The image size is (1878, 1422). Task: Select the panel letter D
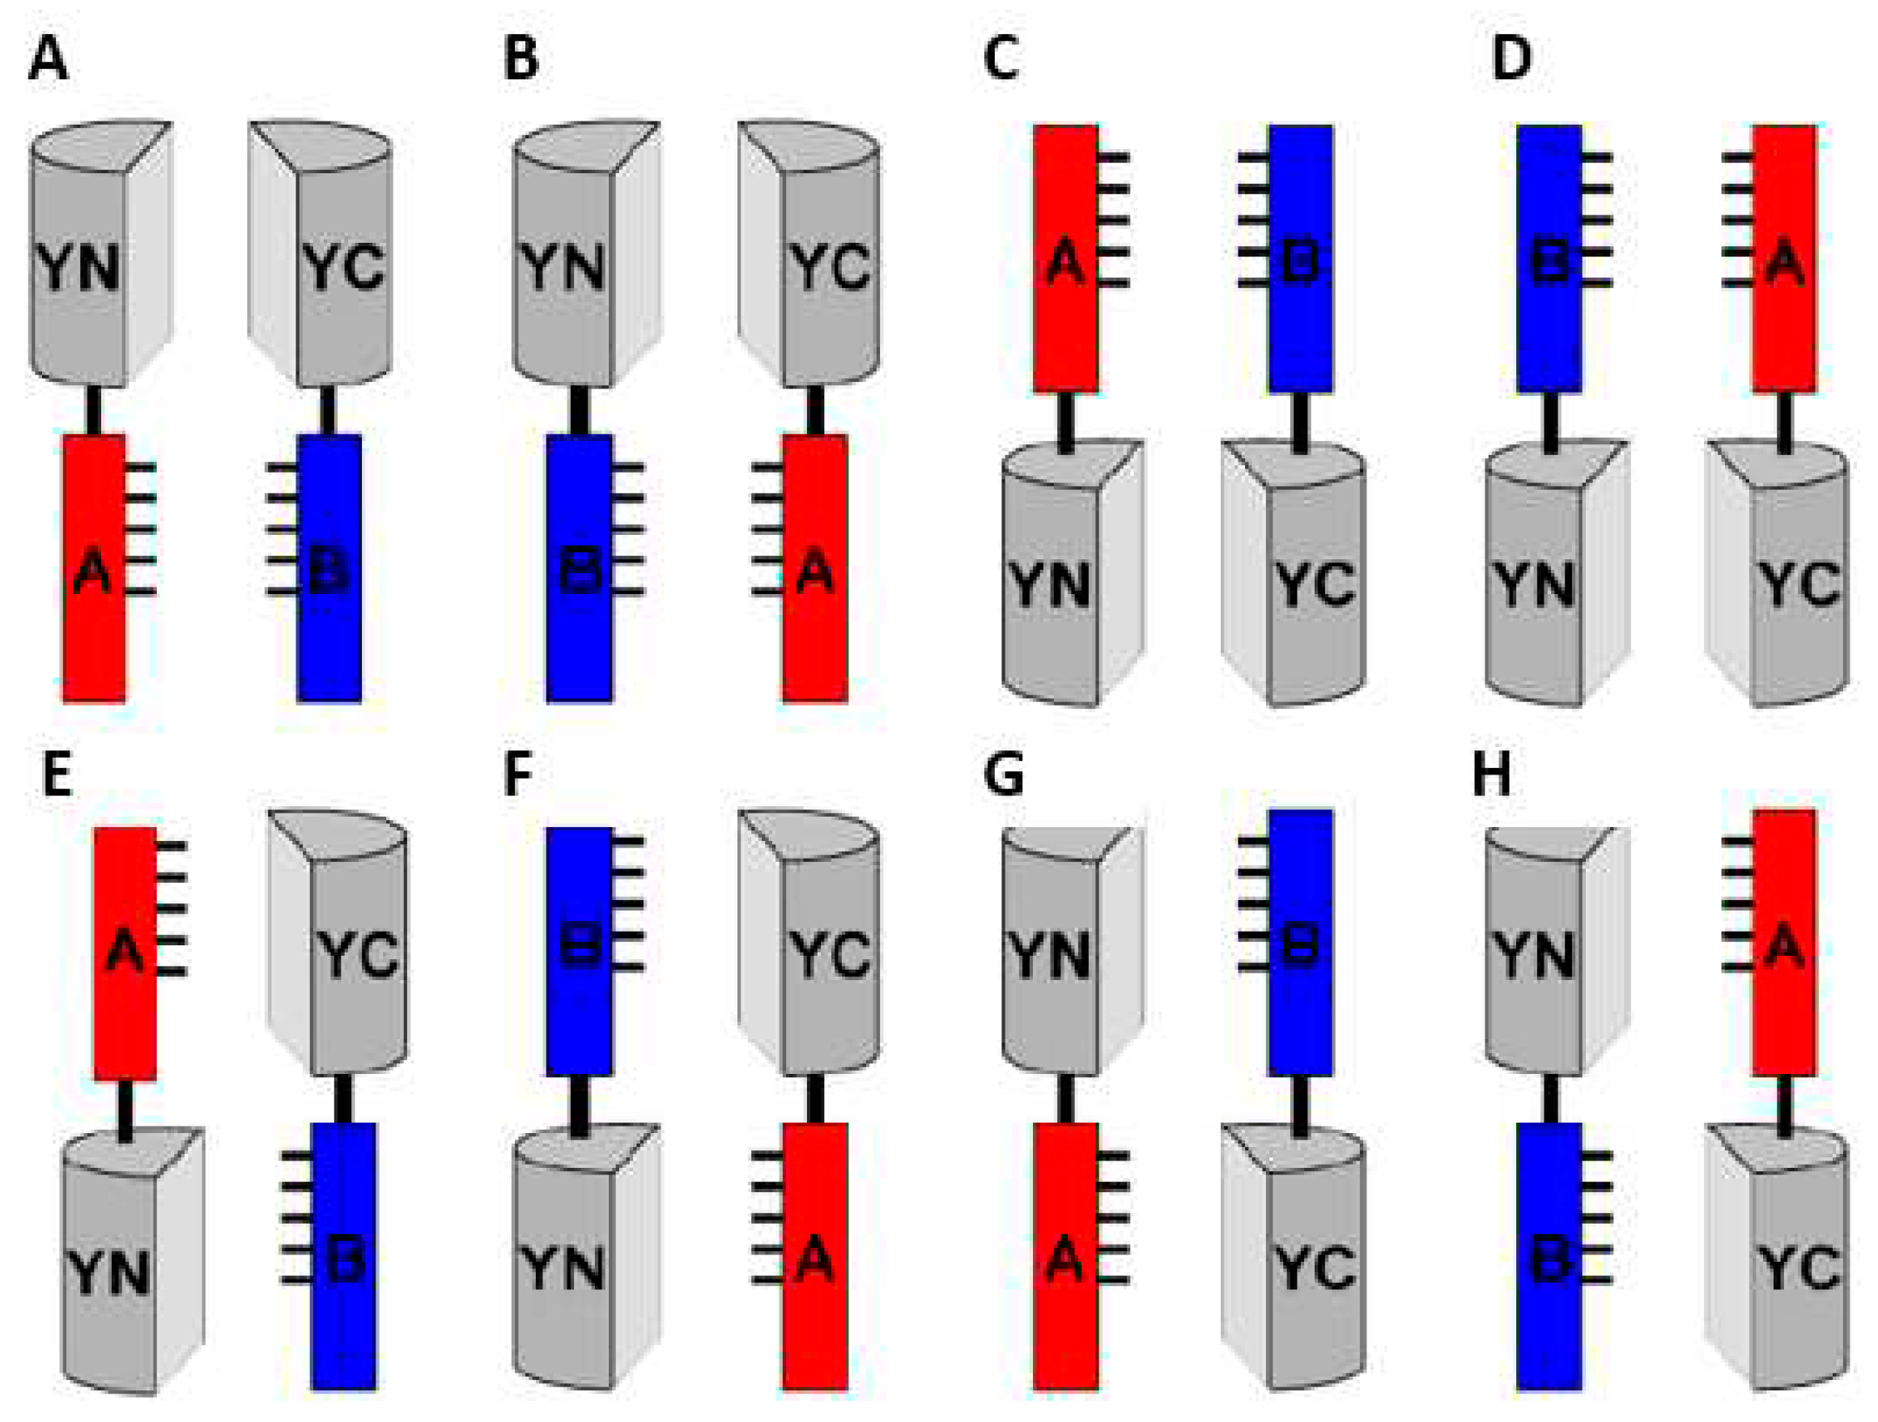pos(1511,59)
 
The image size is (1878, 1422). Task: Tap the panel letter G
pos(1003,775)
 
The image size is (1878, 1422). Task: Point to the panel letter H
pos(1492,775)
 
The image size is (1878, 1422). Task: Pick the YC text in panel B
pos(831,267)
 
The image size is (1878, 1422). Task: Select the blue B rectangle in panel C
pos(1300,258)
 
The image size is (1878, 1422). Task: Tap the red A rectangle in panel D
pos(1784,258)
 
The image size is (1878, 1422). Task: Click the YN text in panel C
pos(1050,585)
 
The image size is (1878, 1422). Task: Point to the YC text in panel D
pos(1798,585)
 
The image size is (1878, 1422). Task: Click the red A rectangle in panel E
pos(125,953)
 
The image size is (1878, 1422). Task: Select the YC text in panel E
pos(358,954)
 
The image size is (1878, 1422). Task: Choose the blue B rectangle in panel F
pos(579,951)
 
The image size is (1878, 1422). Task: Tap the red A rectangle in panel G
pos(1065,1256)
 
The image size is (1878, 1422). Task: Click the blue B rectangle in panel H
pos(1549,1256)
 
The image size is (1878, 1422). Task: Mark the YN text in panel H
pos(1534,956)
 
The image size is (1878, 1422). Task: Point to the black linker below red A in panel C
pos(1065,419)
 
